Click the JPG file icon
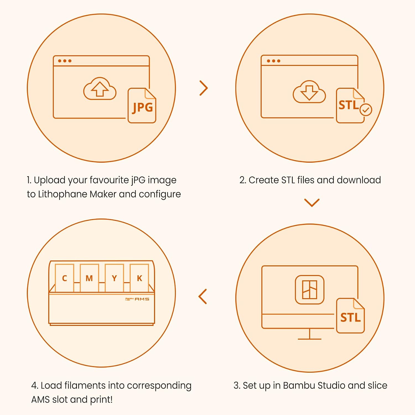142,105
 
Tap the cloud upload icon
100,89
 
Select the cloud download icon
309,92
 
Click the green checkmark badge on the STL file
366,110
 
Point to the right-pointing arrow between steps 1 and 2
204,88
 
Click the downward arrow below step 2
312,203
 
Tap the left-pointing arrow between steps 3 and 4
203,297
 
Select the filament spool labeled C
64,278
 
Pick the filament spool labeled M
89,278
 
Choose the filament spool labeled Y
114,278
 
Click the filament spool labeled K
139,278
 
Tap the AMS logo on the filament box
137,299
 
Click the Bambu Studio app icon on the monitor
310,290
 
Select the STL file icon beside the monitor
351,316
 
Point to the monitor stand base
310,339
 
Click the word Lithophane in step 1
63,194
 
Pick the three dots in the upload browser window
65,61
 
